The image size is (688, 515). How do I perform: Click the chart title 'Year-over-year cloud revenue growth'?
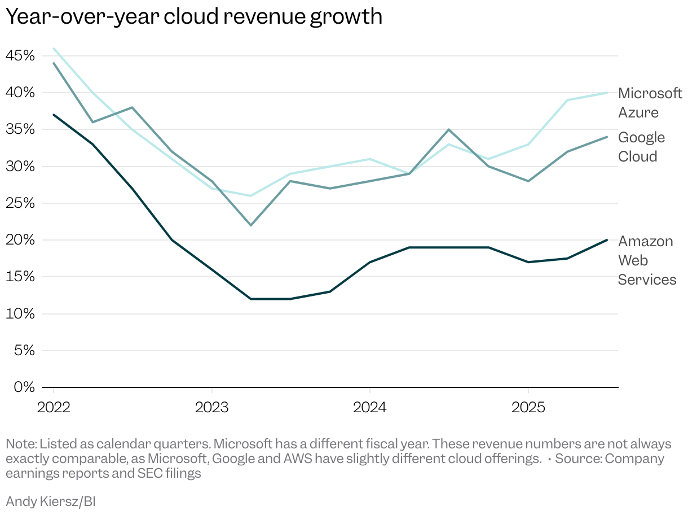pyautogui.click(x=194, y=17)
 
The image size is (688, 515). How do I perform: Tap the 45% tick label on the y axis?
pyautogui.click(x=20, y=56)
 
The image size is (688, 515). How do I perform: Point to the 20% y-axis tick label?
pyautogui.click(x=20, y=240)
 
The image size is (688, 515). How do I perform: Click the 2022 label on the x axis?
pyautogui.click(x=54, y=408)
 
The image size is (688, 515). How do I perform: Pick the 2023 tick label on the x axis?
pyautogui.click(x=211, y=408)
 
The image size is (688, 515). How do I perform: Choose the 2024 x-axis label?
pyautogui.click(x=369, y=408)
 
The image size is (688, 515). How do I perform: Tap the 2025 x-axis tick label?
pyautogui.click(x=527, y=408)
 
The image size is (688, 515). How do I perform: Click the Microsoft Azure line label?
pyautogui.click(x=650, y=103)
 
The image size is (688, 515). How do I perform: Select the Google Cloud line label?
pyautogui.click(x=641, y=147)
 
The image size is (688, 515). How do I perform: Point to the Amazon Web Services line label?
pyautogui.click(x=647, y=260)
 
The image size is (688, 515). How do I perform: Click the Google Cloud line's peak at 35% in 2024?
pyautogui.click(x=448, y=129)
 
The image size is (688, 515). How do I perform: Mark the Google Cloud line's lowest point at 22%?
pyautogui.click(x=251, y=225)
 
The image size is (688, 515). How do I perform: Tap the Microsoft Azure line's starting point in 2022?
pyautogui.click(x=54, y=49)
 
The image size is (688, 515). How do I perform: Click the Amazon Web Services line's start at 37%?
pyautogui.click(x=54, y=115)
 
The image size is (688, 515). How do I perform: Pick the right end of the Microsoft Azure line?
pyautogui.click(x=607, y=93)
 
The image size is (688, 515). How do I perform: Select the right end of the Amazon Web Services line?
pyautogui.click(x=607, y=240)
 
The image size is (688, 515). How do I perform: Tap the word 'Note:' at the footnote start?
pyautogui.click(x=21, y=444)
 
